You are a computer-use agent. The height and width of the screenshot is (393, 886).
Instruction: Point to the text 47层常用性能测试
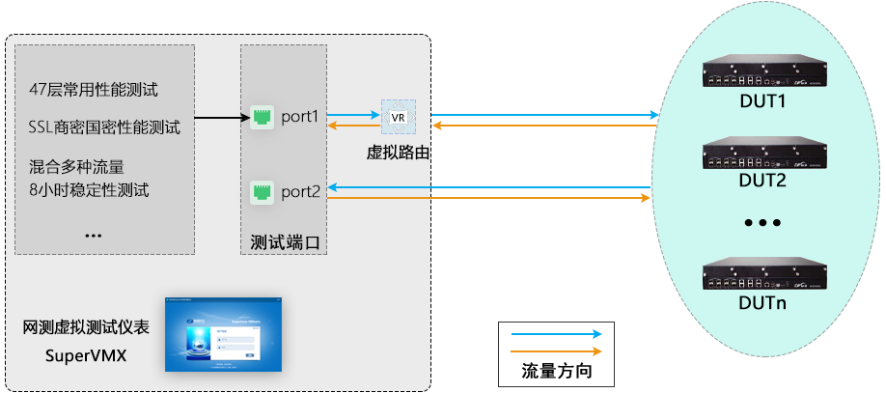(x=94, y=90)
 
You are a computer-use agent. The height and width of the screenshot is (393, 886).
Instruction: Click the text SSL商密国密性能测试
(x=105, y=126)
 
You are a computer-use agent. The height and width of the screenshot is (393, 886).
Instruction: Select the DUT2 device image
(x=761, y=154)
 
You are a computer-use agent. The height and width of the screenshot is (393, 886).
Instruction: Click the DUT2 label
(x=762, y=180)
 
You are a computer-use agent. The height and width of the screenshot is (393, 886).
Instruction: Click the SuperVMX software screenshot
(x=223, y=333)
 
